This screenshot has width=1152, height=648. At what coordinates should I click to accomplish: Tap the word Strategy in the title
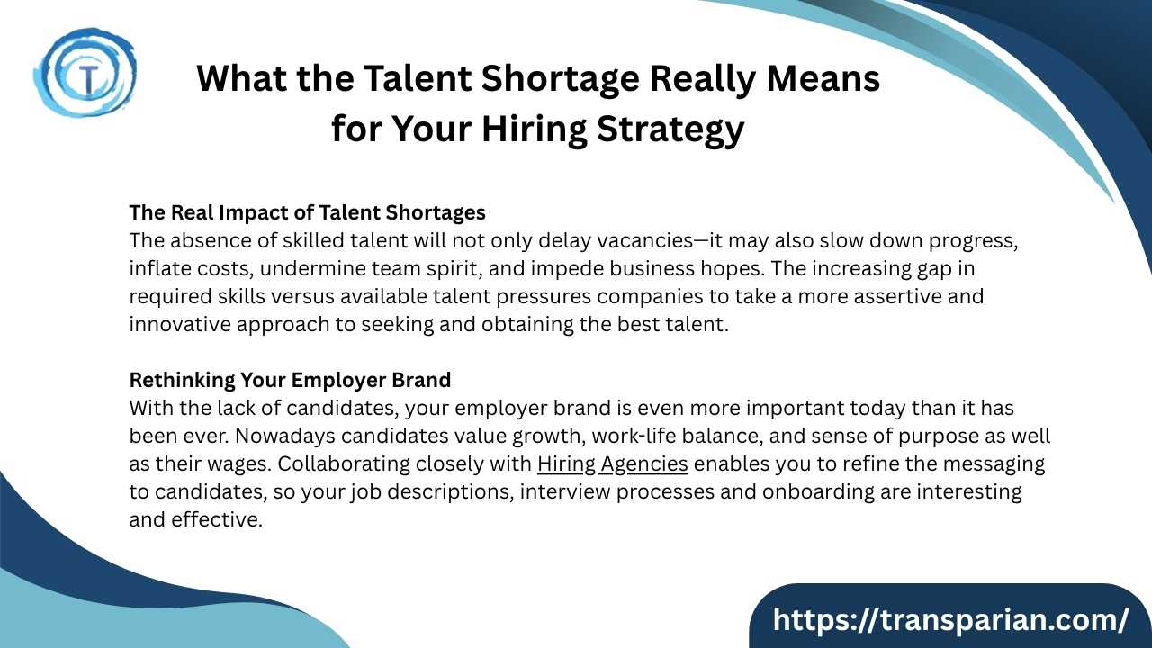point(670,130)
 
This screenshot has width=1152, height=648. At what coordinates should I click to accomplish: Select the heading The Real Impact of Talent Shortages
point(307,213)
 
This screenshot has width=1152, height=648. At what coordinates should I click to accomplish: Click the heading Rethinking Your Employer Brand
point(290,380)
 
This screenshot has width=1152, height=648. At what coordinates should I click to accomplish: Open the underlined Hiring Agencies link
point(613,464)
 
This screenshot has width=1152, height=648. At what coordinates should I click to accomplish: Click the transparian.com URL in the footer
point(950,620)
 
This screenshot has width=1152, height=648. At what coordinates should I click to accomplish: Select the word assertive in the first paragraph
point(897,297)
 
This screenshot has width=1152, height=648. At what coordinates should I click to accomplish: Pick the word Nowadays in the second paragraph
point(285,436)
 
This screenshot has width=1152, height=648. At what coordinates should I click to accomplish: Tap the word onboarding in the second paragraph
point(818,492)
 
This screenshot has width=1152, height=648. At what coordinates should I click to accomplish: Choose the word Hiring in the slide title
point(535,130)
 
